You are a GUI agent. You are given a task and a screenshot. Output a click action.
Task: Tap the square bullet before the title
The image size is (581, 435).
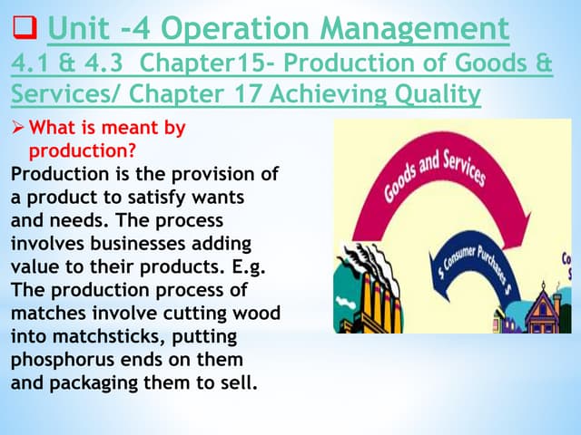pyautogui.click(x=23, y=31)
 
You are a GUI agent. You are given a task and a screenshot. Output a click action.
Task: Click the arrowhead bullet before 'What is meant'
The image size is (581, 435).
pyautogui.click(x=18, y=128)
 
